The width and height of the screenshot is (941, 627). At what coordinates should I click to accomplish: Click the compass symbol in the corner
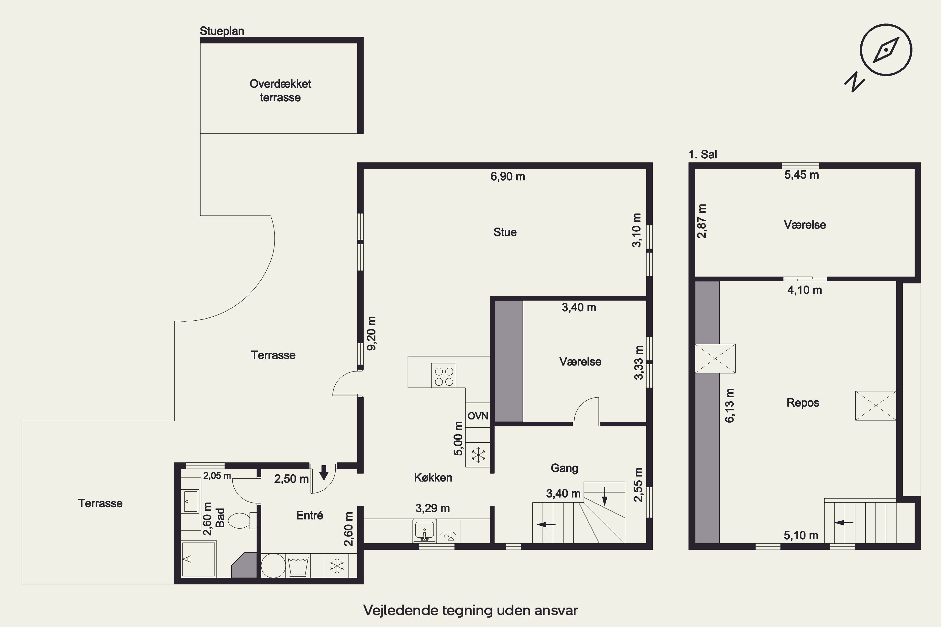886,50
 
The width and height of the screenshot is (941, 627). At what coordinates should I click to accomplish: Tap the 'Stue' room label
505,232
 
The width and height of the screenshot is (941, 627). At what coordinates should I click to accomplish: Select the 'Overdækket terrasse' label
280,90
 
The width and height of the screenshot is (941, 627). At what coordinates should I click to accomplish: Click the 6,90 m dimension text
508,176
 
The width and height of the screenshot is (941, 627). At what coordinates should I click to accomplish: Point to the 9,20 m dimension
371,334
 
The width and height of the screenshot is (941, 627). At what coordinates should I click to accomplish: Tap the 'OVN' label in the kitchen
478,416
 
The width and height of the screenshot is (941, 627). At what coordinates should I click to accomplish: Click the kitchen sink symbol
424,531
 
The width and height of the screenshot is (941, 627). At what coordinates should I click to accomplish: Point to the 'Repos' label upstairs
803,402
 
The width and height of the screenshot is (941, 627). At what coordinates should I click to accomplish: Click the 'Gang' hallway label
564,468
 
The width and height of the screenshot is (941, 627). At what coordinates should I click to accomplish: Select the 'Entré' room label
310,515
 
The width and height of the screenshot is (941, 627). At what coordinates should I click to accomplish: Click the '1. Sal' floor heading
703,154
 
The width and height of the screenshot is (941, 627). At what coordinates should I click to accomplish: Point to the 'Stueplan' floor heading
222,31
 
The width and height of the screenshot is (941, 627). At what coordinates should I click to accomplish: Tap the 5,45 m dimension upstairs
801,175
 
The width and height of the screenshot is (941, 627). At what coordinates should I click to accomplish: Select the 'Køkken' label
433,477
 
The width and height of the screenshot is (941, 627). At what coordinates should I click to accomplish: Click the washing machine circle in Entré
273,566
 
